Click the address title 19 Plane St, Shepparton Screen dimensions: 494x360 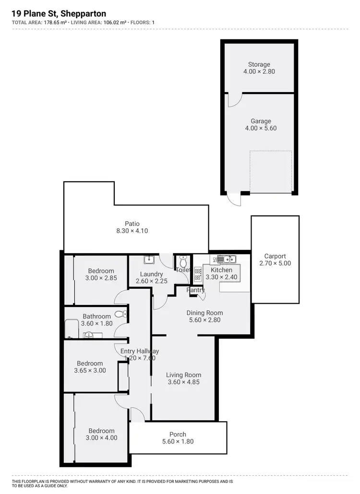point(59,14)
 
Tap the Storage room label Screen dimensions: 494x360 point(259,64)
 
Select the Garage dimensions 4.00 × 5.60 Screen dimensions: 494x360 point(261,129)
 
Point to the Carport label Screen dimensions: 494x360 point(275,256)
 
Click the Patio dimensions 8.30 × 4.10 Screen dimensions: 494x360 point(132,231)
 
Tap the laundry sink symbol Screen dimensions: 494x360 point(149,259)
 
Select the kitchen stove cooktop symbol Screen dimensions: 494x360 point(197,276)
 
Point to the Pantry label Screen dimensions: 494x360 point(196,290)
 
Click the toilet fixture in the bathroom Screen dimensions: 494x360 point(124,314)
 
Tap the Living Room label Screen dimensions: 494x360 point(183,375)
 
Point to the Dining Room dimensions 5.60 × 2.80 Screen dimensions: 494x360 point(204,320)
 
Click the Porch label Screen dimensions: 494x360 point(178,435)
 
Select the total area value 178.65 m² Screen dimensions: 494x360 point(53,22)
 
